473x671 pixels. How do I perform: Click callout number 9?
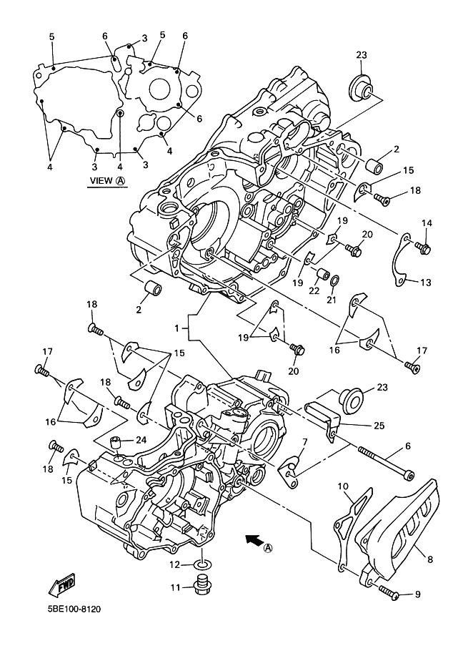[419, 594]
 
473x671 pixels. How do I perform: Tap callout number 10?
[343, 486]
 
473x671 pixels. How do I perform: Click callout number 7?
[304, 443]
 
